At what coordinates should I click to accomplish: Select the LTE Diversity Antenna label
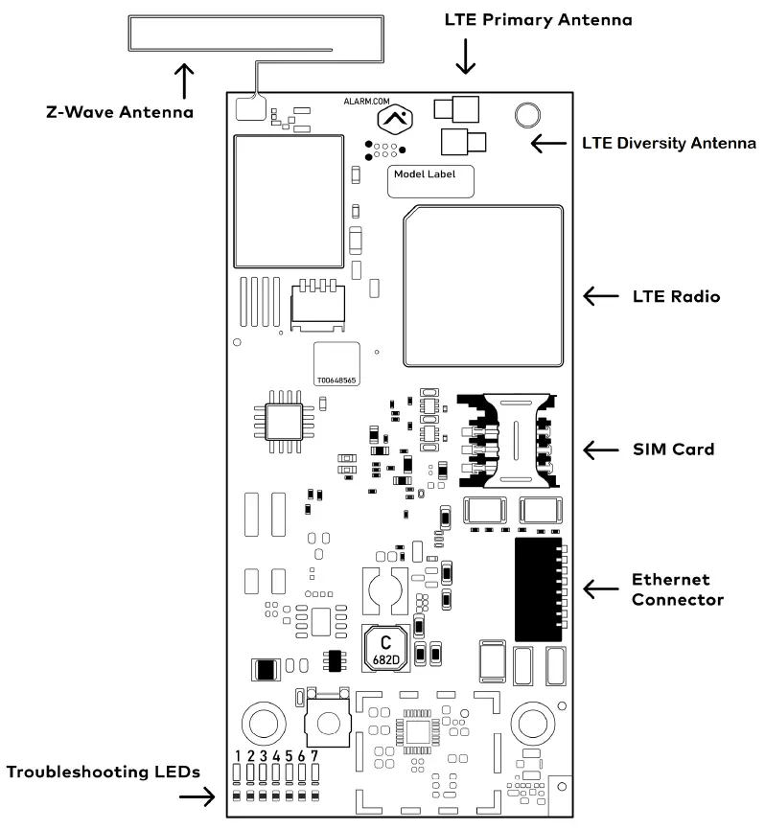tap(669, 144)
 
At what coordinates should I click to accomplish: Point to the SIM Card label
tap(673, 449)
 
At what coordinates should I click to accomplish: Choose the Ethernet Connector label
tap(677, 589)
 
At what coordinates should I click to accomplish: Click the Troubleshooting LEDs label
tap(103, 772)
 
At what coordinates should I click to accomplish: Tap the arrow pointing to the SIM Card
tap(602, 449)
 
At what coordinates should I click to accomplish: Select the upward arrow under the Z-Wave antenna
tap(183, 81)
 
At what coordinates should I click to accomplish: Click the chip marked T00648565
tap(337, 364)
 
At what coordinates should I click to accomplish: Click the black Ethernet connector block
tap(537, 589)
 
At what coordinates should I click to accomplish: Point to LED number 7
tap(313, 774)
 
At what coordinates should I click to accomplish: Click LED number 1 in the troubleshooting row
tap(237, 774)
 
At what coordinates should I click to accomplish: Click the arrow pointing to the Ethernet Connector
tap(602, 589)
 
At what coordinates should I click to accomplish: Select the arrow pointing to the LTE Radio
tap(602, 298)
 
